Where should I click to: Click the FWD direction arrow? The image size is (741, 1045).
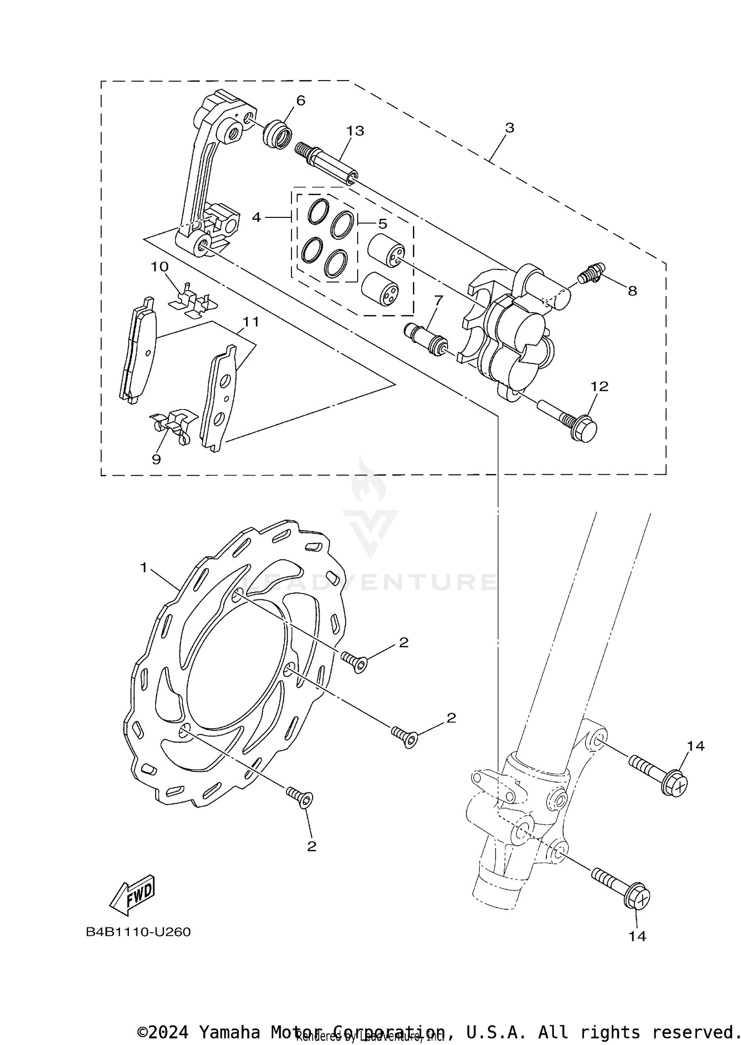click(132, 895)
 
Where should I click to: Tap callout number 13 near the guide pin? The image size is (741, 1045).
click(355, 131)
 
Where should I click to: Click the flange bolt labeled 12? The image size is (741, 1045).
click(573, 419)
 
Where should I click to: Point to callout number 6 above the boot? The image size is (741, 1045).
click(301, 101)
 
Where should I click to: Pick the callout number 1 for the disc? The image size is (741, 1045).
click(143, 568)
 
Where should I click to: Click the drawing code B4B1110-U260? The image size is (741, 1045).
click(138, 932)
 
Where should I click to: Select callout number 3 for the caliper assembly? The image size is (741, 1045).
click(510, 127)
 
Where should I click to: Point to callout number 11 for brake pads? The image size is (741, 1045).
click(250, 322)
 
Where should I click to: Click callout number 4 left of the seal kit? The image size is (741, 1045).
click(256, 217)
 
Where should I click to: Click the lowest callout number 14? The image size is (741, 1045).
click(637, 936)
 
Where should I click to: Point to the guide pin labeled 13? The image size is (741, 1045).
click(327, 163)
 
